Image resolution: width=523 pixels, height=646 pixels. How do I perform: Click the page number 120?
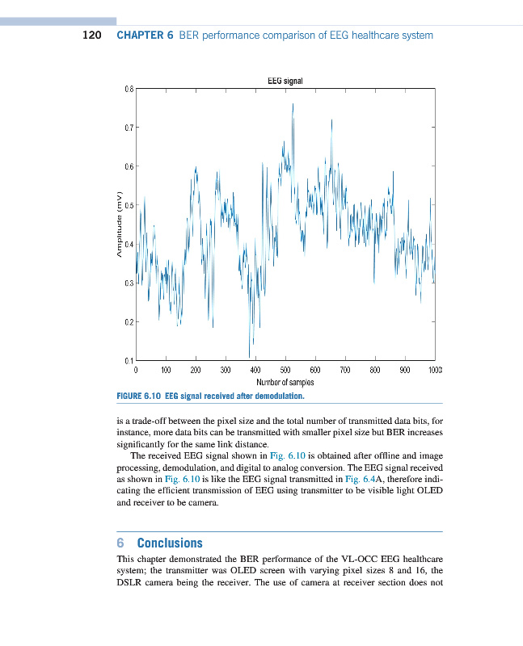(91, 36)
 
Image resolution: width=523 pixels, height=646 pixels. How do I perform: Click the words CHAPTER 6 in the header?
(146, 36)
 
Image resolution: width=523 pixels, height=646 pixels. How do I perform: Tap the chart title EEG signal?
(285, 80)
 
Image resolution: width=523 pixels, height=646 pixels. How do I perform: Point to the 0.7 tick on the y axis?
(127, 128)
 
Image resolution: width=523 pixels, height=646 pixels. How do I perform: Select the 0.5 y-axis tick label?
(127, 205)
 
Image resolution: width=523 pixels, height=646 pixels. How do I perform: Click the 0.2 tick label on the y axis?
(127, 322)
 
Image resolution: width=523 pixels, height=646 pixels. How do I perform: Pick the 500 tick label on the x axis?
(285, 369)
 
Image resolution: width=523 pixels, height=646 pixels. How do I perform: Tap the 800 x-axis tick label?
(374, 369)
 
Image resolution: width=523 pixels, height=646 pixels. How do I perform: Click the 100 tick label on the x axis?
(165, 369)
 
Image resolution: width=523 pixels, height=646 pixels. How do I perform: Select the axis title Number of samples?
(285, 382)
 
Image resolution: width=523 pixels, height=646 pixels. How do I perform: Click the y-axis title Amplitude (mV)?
(118, 225)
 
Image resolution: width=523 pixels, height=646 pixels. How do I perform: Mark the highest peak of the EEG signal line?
(293, 104)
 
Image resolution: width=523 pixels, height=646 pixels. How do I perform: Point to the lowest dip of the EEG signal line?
(250, 355)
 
